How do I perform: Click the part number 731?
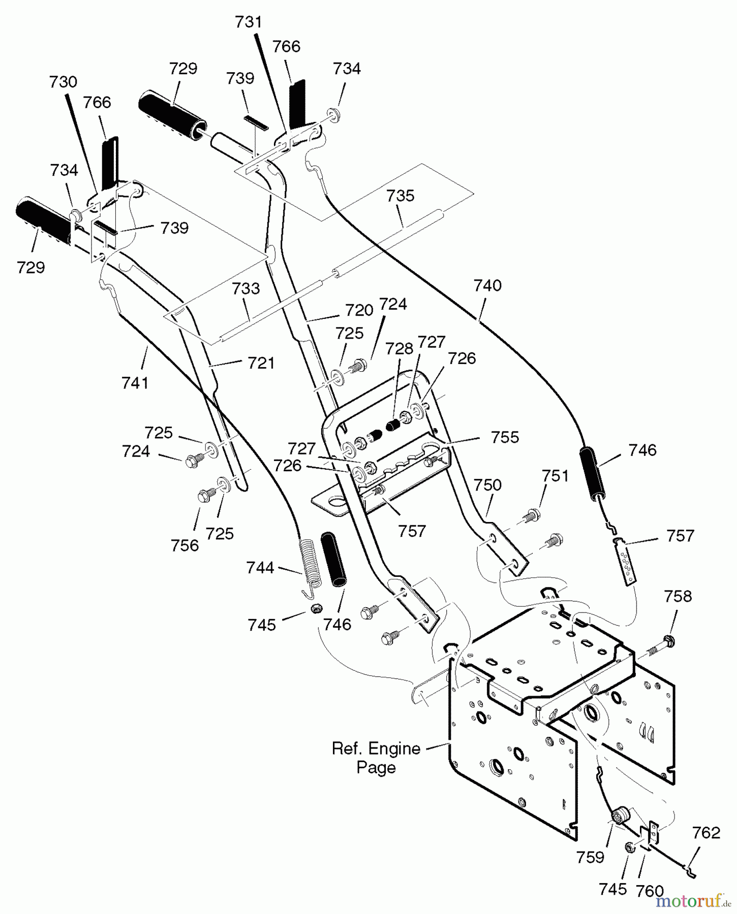tap(249, 22)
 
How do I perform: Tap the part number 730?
tap(63, 82)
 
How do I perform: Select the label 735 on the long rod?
tap(401, 195)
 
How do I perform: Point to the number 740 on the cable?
tap(487, 285)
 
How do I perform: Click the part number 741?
tap(135, 382)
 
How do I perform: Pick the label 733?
tap(246, 288)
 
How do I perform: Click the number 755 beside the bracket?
tap(505, 437)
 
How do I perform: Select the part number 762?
tap(706, 833)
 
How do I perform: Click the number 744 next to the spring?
tap(260, 567)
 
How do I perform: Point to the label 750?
tap(487, 485)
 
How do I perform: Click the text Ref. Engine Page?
tap(376, 758)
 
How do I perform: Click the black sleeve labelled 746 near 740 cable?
tap(593, 473)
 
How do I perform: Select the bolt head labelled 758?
tap(668, 641)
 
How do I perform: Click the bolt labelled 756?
tap(205, 495)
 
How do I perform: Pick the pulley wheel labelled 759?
tap(622, 817)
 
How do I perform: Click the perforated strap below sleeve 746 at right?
tap(624, 562)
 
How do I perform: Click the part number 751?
tap(555, 476)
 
